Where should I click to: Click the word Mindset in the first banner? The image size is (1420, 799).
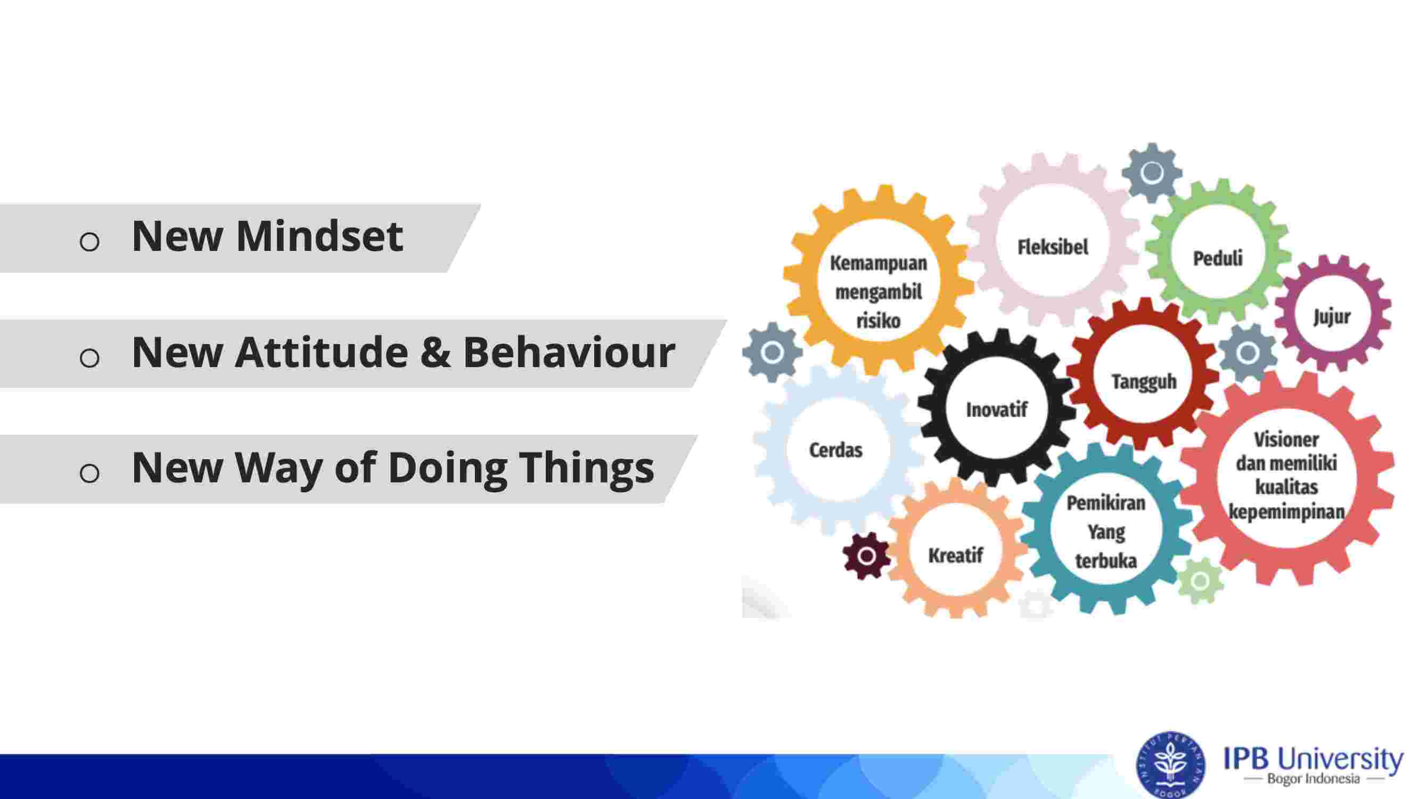[x=319, y=236]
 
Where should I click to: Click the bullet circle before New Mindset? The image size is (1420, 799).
[x=89, y=241]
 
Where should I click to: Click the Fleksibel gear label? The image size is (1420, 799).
[x=1052, y=247]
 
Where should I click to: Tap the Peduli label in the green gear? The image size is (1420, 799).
[x=1218, y=258]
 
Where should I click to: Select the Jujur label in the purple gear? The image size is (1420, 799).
[x=1332, y=316]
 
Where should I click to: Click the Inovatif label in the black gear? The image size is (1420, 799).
[x=997, y=410]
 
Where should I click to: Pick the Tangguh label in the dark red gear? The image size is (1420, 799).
[x=1144, y=381]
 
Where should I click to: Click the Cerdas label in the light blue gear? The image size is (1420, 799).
[x=836, y=450]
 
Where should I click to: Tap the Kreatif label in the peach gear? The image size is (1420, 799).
[x=955, y=555]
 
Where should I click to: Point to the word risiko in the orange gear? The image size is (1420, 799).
[x=879, y=320]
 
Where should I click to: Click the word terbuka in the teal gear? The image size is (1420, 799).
[x=1106, y=561]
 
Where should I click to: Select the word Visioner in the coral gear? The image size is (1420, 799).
[x=1286, y=439]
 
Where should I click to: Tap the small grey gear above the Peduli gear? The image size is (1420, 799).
[x=1152, y=173]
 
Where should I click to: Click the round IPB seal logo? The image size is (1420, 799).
[x=1171, y=765]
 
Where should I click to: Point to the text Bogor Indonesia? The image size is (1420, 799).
[x=1313, y=779]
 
